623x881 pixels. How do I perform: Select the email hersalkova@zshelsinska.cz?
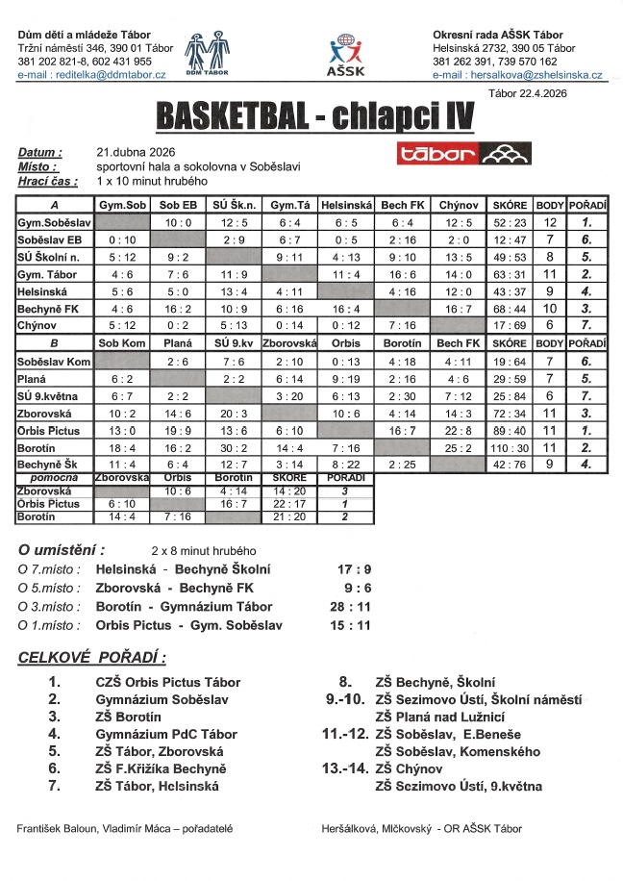tap(517, 74)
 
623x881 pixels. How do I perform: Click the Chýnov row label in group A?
tap(37, 325)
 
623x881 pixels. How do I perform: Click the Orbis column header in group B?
tap(345, 343)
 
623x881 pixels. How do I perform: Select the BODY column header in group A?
tap(550, 206)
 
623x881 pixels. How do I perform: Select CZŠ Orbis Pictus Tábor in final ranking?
tap(168, 682)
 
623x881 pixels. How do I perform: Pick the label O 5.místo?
tap(51, 588)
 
